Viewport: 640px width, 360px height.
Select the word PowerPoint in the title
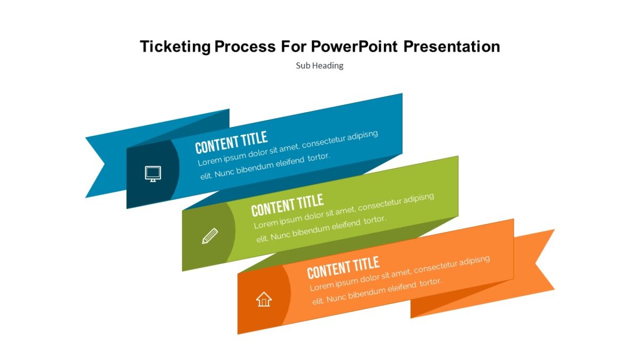pyautogui.click(x=354, y=47)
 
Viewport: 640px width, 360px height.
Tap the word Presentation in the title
pyautogui.click(x=451, y=47)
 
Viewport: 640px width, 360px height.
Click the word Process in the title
pyautogui.click(x=245, y=47)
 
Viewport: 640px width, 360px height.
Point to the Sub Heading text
pyautogui.click(x=319, y=66)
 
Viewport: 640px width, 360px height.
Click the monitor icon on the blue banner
pyautogui.click(x=153, y=173)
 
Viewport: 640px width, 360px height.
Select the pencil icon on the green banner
pyautogui.click(x=210, y=236)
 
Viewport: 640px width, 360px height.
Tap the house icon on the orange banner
pyautogui.click(x=263, y=299)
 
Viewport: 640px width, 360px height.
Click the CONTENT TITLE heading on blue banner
pyautogui.click(x=231, y=142)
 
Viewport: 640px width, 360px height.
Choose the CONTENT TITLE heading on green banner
pyautogui.click(x=287, y=205)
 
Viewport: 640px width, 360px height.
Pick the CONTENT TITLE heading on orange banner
pyautogui.click(x=343, y=267)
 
